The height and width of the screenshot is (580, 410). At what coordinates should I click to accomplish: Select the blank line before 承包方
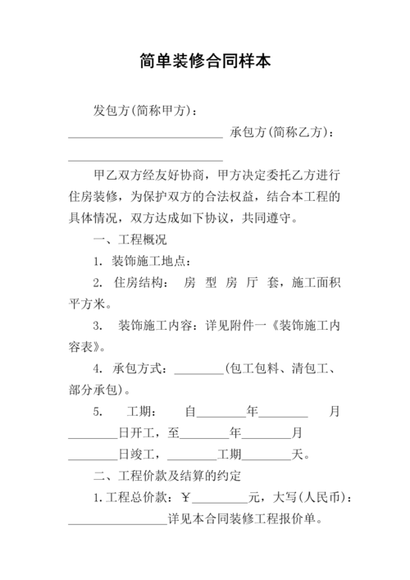coord(144,136)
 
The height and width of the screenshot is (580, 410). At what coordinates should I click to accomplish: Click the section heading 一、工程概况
coord(130,240)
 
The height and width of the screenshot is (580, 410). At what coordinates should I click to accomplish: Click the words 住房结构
coord(138,282)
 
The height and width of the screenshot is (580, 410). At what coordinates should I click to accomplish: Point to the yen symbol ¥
coord(185,497)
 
